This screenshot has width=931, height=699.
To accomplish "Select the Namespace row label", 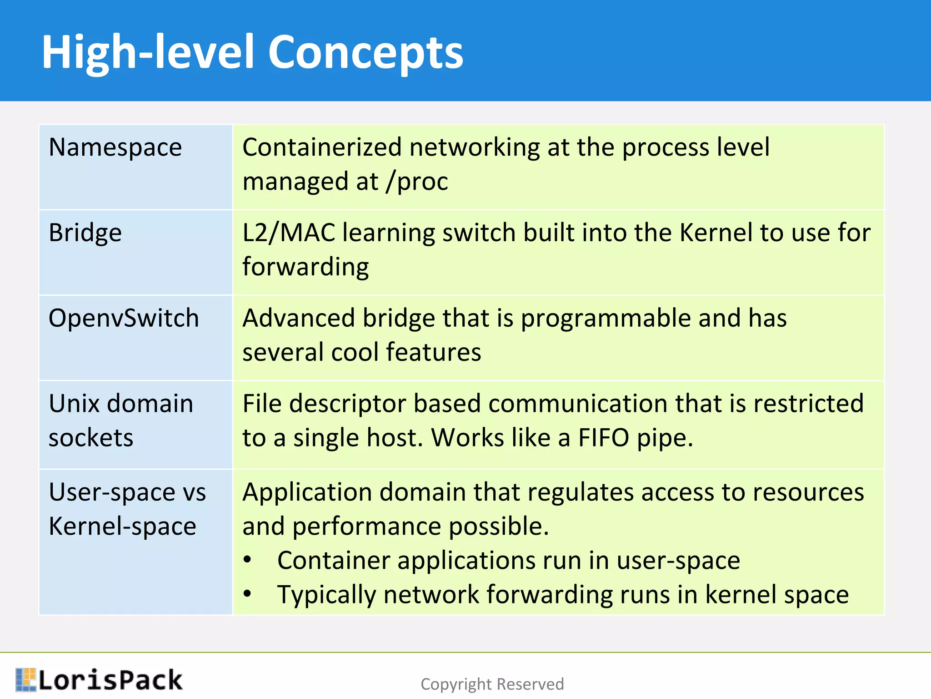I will (115, 147).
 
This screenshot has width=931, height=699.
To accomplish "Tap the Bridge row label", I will (85, 233).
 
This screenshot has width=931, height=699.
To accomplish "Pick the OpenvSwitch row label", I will (124, 318).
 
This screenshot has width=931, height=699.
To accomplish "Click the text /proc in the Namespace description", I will (417, 182).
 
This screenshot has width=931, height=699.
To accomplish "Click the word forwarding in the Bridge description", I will (305, 267).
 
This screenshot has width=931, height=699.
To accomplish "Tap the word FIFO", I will (603, 438).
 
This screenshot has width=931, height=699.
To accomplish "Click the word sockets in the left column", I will (91, 438).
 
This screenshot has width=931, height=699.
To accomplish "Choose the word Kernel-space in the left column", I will (122, 527).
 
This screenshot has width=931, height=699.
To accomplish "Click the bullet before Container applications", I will (247, 560).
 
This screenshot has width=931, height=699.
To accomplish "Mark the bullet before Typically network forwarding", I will (247, 593).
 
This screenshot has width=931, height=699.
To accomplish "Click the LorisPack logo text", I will (110, 680).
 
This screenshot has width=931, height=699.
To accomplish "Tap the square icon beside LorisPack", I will (25, 679).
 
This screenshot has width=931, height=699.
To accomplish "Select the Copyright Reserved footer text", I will (492, 684).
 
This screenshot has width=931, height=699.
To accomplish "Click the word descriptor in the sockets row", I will (348, 404).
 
